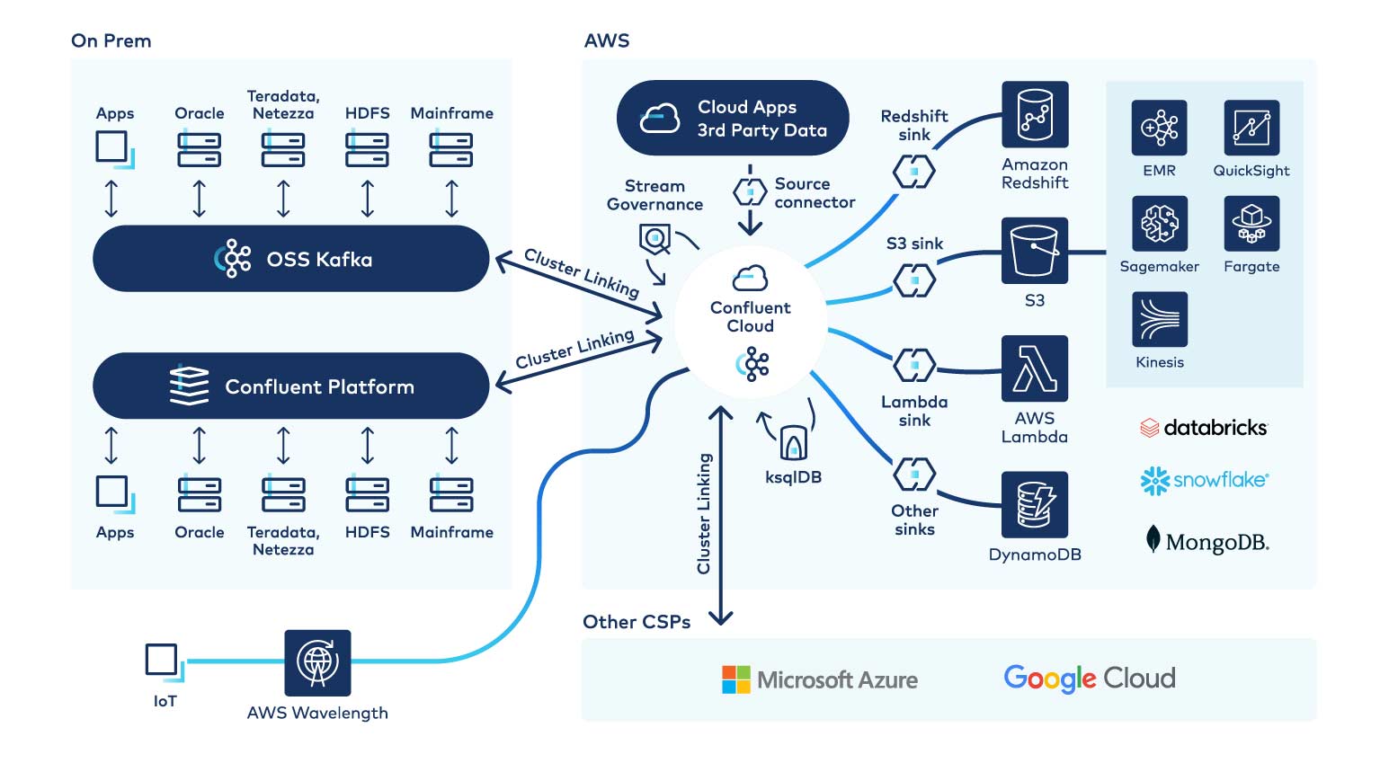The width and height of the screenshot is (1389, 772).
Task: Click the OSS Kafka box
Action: [290, 259]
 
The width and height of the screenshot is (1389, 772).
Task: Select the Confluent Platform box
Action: [290, 386]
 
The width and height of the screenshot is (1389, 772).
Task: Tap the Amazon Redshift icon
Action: [1035, 114]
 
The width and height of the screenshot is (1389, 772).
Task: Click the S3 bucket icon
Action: [1035, 251]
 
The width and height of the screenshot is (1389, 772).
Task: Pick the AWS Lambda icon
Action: [1035, 368]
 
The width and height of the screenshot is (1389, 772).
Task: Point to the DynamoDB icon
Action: [1035, 504]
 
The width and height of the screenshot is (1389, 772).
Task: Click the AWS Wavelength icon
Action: [317, 663]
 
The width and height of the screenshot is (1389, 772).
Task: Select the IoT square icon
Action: [163, 661]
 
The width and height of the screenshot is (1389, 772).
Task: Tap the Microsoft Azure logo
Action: [820, 679]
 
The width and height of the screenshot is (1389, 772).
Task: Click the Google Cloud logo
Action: [1089, 679]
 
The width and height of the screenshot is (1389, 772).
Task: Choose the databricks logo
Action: [1204, 428]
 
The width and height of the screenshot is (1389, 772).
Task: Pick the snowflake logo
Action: [1204, 481]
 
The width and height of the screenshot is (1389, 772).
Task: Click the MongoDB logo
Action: [1206, 541]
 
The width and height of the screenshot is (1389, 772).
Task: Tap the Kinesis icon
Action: [1160, 319]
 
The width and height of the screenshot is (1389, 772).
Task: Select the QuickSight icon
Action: [1251, 128]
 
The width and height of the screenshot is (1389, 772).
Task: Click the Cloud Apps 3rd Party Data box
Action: [733, 118]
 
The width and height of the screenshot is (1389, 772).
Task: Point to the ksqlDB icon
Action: [793, 442]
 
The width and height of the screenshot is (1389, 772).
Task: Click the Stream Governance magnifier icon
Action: [654, 239]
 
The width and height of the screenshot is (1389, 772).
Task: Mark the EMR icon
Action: [1160, 128]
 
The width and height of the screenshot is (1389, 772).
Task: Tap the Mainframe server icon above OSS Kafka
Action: [451, 150]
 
